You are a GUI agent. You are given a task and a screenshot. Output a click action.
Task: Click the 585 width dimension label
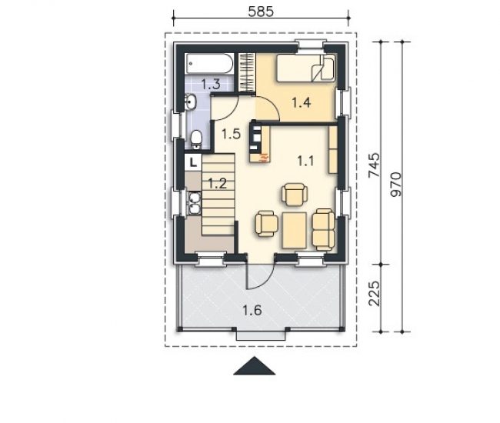click(261, 12)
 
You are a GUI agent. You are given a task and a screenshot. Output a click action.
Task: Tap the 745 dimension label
click(375, 165)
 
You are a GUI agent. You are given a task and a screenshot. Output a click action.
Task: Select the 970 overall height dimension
click(395, 185)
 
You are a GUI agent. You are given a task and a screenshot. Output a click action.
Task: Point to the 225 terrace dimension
click(375, 293)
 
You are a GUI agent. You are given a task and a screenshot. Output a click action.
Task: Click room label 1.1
click(306, 161)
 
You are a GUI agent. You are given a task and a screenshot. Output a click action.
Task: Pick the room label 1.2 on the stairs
click(217, 184)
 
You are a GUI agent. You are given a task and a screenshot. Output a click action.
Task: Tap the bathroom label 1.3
click(211, 85)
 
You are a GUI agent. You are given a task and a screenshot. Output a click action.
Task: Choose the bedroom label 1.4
click(302, 102)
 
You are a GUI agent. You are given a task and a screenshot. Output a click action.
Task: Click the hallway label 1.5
click(231, 134)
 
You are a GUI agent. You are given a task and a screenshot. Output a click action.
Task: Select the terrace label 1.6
click(252, 310)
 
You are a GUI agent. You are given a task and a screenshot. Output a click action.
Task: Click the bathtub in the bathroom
click(209, 63)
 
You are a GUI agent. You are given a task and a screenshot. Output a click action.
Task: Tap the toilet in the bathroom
click(196, 140)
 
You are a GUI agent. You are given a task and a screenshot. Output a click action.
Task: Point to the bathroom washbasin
click(191, 102)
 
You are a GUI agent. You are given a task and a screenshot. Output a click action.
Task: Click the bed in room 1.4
click(305, 68)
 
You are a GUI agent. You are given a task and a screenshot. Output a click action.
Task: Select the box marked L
click(193, 162)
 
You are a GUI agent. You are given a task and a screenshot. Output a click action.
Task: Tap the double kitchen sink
click(194, 203)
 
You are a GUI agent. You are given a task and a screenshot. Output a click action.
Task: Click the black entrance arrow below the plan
click(255, 366)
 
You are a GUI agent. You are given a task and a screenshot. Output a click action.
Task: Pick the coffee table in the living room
click(295, 231)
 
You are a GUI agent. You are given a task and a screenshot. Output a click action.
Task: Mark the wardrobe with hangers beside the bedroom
click(247, 72)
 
